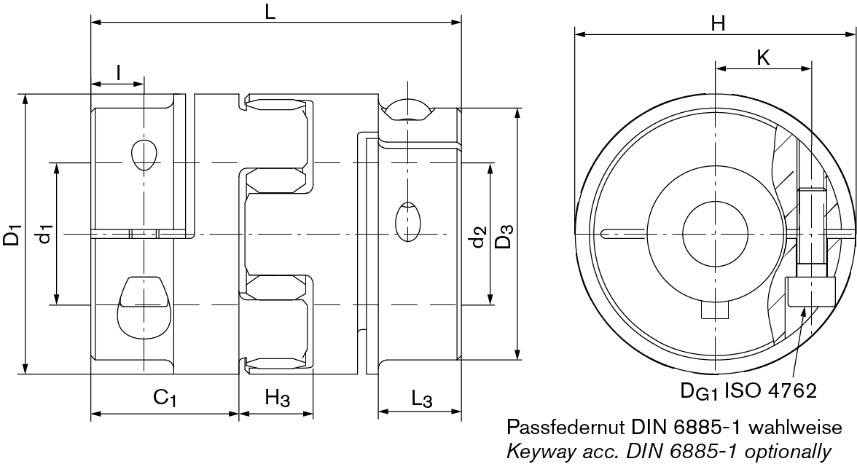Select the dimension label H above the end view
pos(718,23)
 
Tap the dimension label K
pos(763,58)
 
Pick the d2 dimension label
pos(477,237)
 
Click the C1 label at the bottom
pos(165,398)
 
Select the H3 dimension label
pos(278,398)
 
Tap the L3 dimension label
pos(421,398)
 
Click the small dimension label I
pos(118,71)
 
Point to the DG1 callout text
pos(700,391)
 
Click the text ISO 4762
pos(771,390)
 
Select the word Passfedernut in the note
pos(566,427)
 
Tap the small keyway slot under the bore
pos(716,312)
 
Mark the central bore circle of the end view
pos(716,235)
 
